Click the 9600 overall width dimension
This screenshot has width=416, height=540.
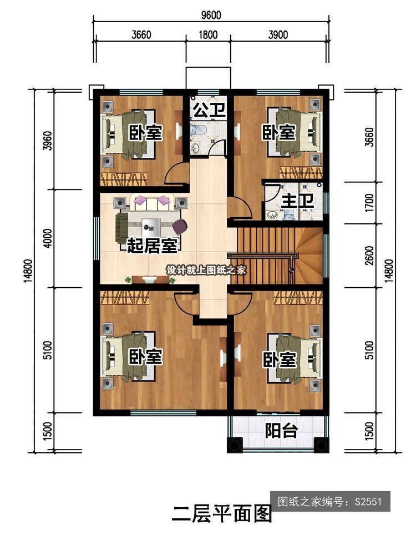coord(211,15)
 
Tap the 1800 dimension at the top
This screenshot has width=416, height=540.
coord(208,35)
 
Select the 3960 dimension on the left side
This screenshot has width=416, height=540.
coord(48,141)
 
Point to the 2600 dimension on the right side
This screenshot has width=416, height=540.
coord(369,255)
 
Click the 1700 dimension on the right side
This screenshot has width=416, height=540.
coord(369,203)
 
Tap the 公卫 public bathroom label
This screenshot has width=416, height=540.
coord(209,110)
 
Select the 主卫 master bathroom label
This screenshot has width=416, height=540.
coord(297,201)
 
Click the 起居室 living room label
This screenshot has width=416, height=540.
coord(153,246)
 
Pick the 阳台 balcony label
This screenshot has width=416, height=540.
coord(281,430)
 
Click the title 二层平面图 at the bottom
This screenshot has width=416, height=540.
coord(222,514)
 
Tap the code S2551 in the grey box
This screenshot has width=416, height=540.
coord(368,502)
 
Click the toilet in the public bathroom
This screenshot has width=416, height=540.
coord(198,131)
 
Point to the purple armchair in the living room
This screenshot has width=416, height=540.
coord(180,226)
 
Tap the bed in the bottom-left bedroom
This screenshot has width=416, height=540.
coord(128,357)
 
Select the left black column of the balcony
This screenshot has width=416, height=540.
coord(235,445)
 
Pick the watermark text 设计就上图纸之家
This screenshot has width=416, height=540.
coord(206,270)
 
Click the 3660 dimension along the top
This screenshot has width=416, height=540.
coord(141,35)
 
